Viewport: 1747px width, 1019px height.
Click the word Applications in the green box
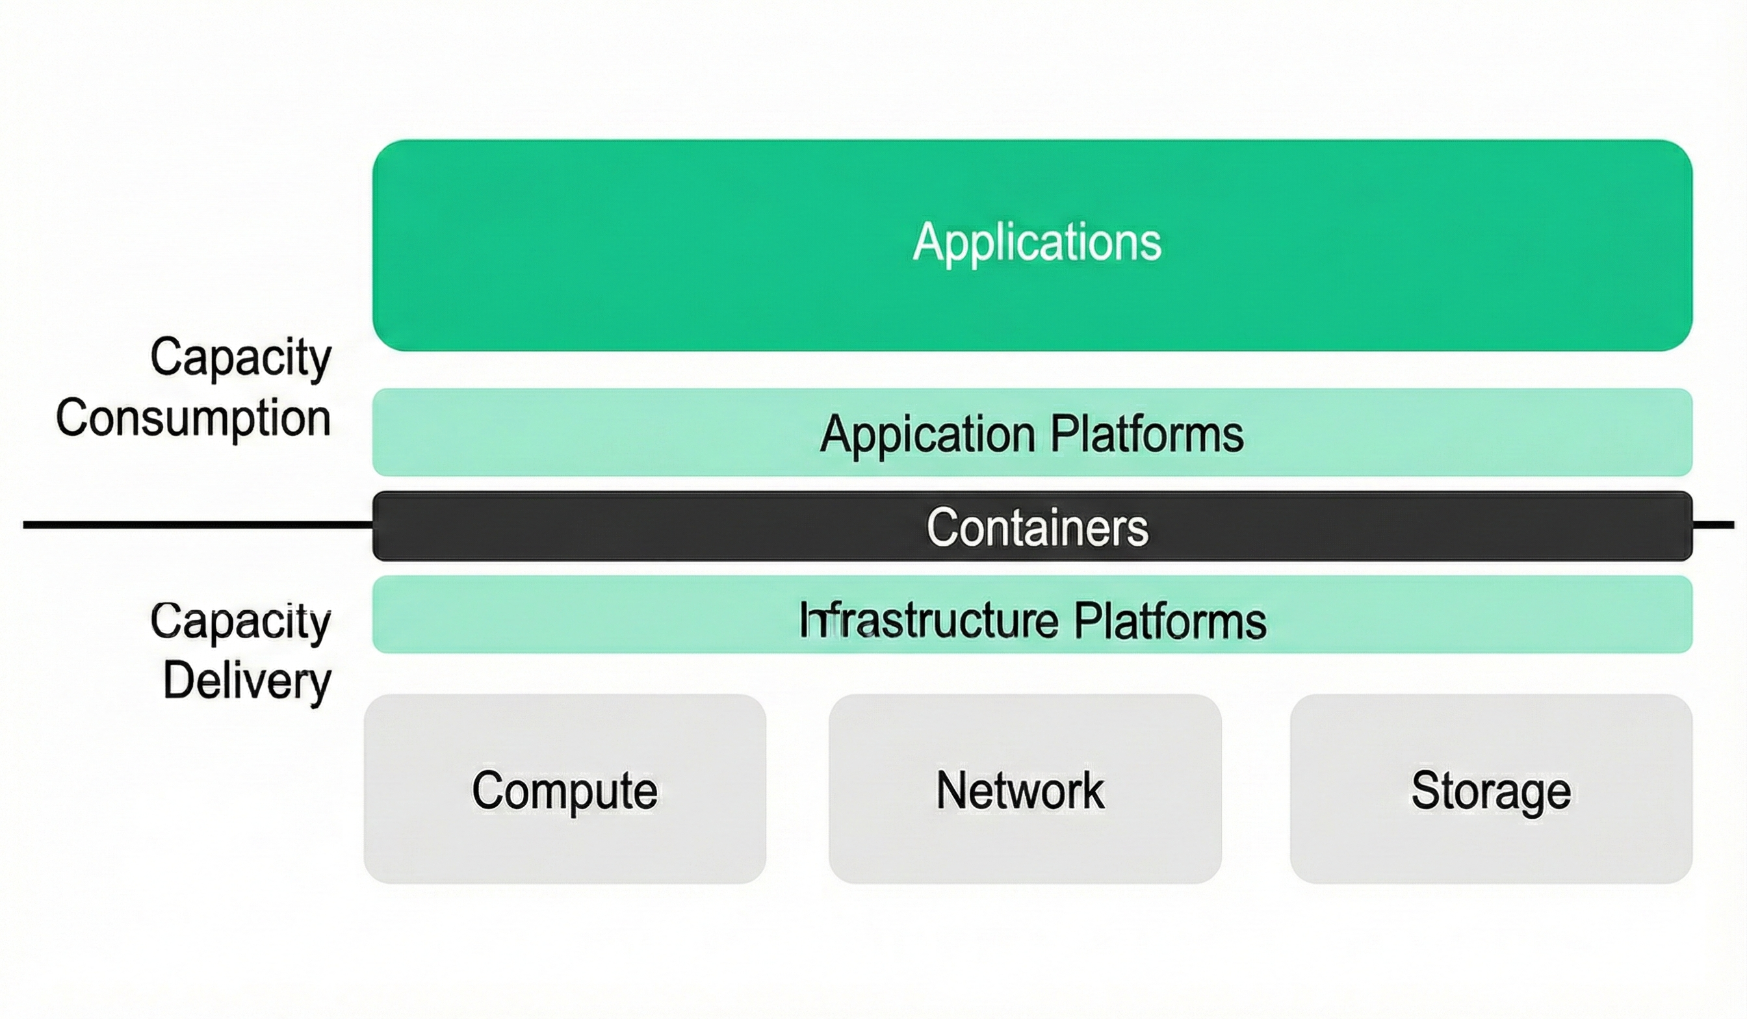pos(1037,242)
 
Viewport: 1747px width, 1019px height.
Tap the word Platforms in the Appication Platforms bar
pos(1146,435)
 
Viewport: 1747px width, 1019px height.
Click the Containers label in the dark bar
pos(1037,527)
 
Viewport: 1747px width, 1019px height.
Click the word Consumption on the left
pos(194,418)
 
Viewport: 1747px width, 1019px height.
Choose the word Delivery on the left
pos(247,680)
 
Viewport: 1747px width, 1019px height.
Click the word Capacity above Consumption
pos(240,357)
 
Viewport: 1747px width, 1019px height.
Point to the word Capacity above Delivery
pos(240,621)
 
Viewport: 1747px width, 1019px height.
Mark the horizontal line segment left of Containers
pos(198,524)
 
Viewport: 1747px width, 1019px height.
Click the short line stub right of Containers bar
pos(1713,524)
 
